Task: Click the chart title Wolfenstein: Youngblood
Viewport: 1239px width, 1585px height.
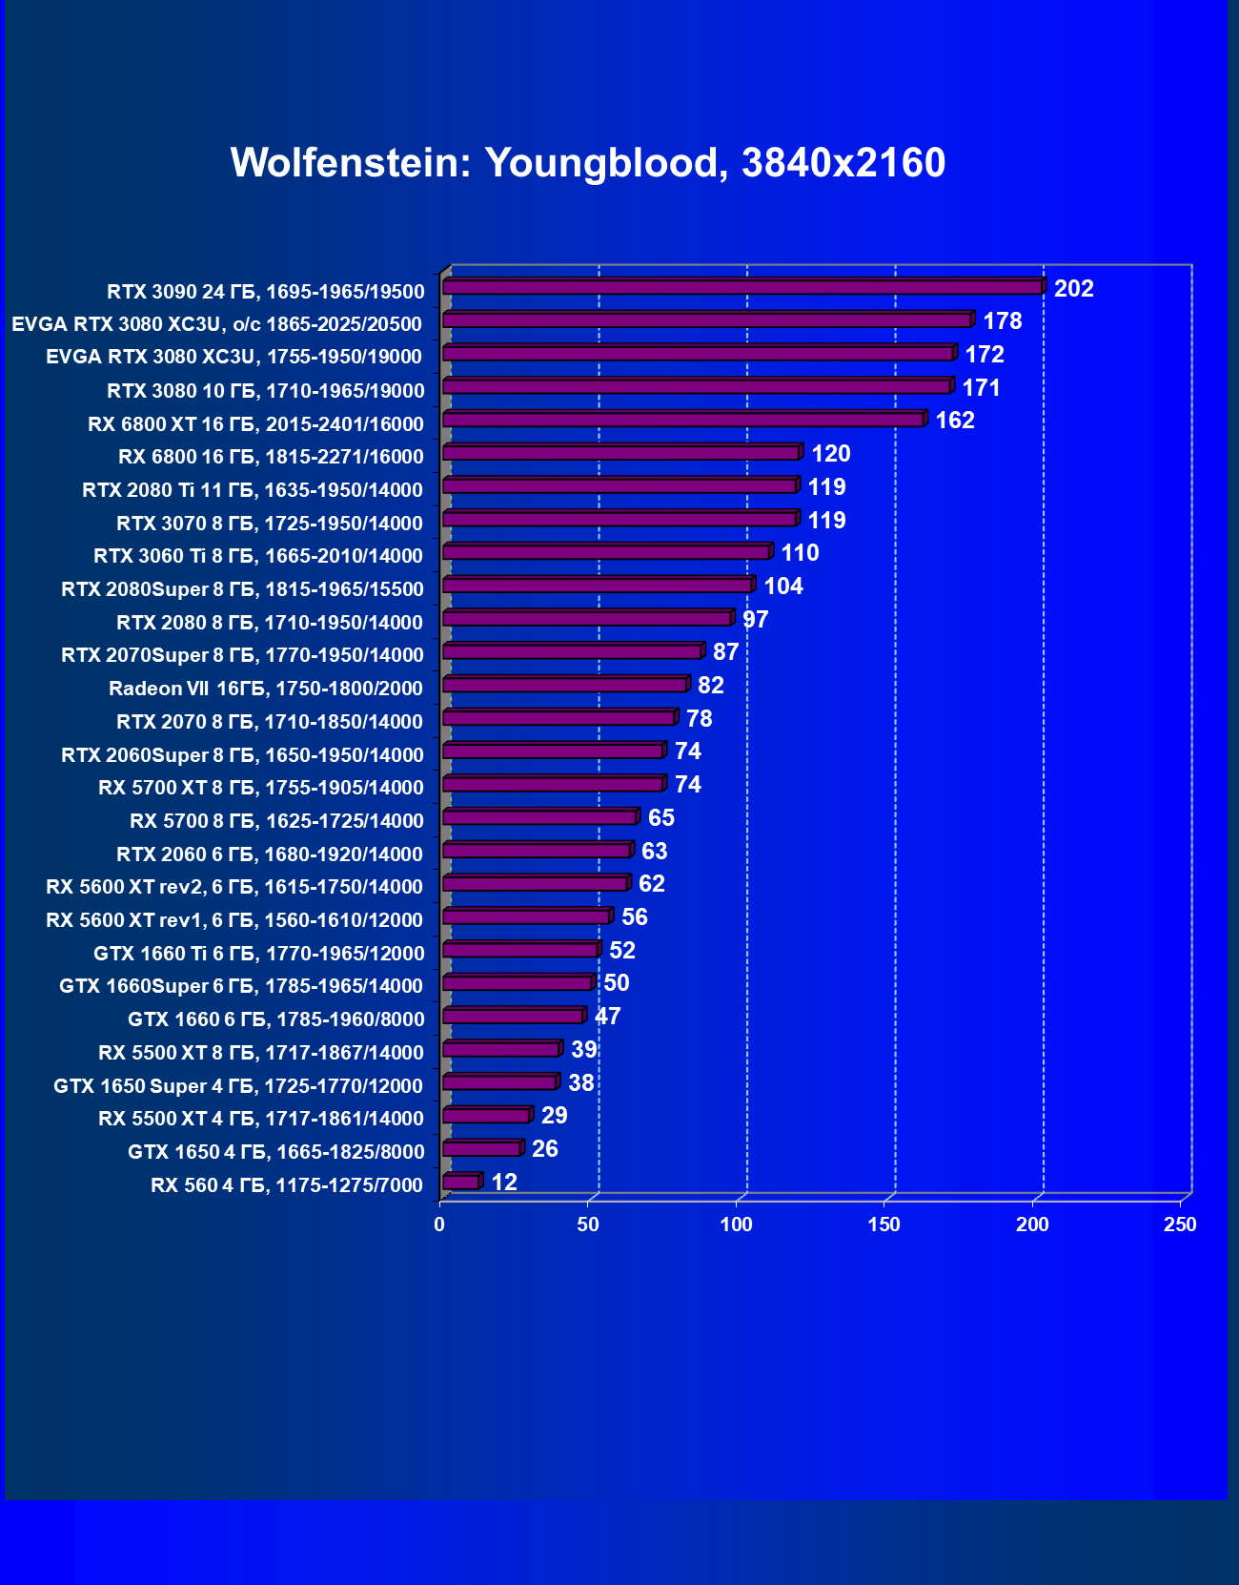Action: pos(587,163)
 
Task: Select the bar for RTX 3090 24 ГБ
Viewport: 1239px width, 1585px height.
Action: pos(742,287)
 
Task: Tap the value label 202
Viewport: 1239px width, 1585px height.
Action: pos(1073,288)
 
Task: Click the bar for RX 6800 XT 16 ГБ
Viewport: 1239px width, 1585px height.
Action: pos(682,420)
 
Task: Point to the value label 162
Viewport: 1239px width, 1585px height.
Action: pos(954,421)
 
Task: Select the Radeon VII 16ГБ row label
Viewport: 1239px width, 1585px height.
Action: pos(265,689)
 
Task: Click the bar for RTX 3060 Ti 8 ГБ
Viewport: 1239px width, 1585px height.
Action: pos(606,552)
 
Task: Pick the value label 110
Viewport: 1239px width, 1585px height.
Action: pos(800,553)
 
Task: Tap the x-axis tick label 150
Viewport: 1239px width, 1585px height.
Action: pos(884,1225)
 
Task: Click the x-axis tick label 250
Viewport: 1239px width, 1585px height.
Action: pos(1180,1225)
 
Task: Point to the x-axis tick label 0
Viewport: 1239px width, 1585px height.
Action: pos(439,1225)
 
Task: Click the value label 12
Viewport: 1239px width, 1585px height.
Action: pos(503,1183)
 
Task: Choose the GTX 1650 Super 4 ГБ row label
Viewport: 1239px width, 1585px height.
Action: pos(238,1086)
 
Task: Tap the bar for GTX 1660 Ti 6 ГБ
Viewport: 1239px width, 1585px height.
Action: pos(520,950)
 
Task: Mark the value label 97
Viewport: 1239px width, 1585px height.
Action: pos(755,620)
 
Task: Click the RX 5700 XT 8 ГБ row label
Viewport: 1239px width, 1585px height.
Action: pos(261,788)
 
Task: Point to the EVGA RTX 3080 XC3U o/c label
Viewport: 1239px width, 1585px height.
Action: pos(216,324)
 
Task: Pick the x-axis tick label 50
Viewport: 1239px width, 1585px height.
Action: pos(588,1225)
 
